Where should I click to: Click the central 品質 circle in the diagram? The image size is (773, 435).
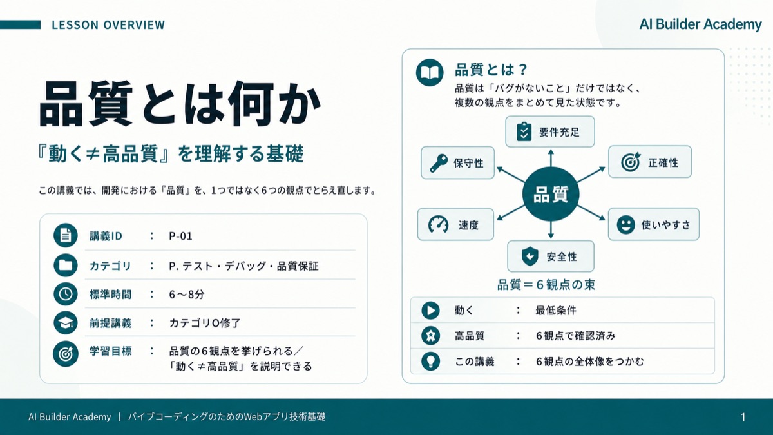551,194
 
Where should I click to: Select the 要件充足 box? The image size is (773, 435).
550,131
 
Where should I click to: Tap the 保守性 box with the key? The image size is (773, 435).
457,162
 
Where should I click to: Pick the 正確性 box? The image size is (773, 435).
650,162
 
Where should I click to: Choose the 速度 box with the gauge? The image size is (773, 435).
455,224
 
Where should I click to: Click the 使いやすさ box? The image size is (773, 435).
654,224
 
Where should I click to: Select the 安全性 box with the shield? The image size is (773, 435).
551,256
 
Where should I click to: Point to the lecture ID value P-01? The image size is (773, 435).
180,236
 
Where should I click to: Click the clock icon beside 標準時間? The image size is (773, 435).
66,294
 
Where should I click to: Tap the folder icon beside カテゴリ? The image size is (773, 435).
66,265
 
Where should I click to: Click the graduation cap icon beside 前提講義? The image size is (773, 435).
66,323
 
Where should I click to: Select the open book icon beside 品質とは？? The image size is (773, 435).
430,72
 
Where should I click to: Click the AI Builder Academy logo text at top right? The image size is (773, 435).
700,24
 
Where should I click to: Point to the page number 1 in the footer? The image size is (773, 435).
743,417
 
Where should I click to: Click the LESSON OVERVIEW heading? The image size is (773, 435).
108,25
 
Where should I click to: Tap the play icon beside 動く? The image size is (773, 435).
431,310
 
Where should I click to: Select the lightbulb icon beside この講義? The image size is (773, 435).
431,361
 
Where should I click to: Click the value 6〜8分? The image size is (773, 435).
187,294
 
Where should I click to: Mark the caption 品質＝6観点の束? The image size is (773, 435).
546,285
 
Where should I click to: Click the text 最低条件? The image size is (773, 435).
555,311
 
